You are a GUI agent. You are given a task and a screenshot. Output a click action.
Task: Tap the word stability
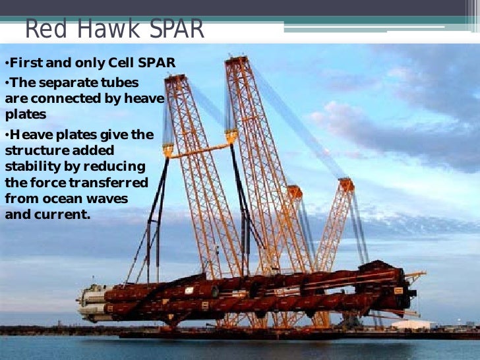pos(30,166)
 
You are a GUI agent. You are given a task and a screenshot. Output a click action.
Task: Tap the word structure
pos(34,150)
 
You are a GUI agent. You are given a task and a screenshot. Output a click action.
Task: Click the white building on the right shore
pos(413,324)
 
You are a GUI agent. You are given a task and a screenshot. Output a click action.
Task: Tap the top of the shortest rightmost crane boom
pos(346,183)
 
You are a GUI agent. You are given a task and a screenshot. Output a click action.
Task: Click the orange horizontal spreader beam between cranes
pos(198,147)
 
